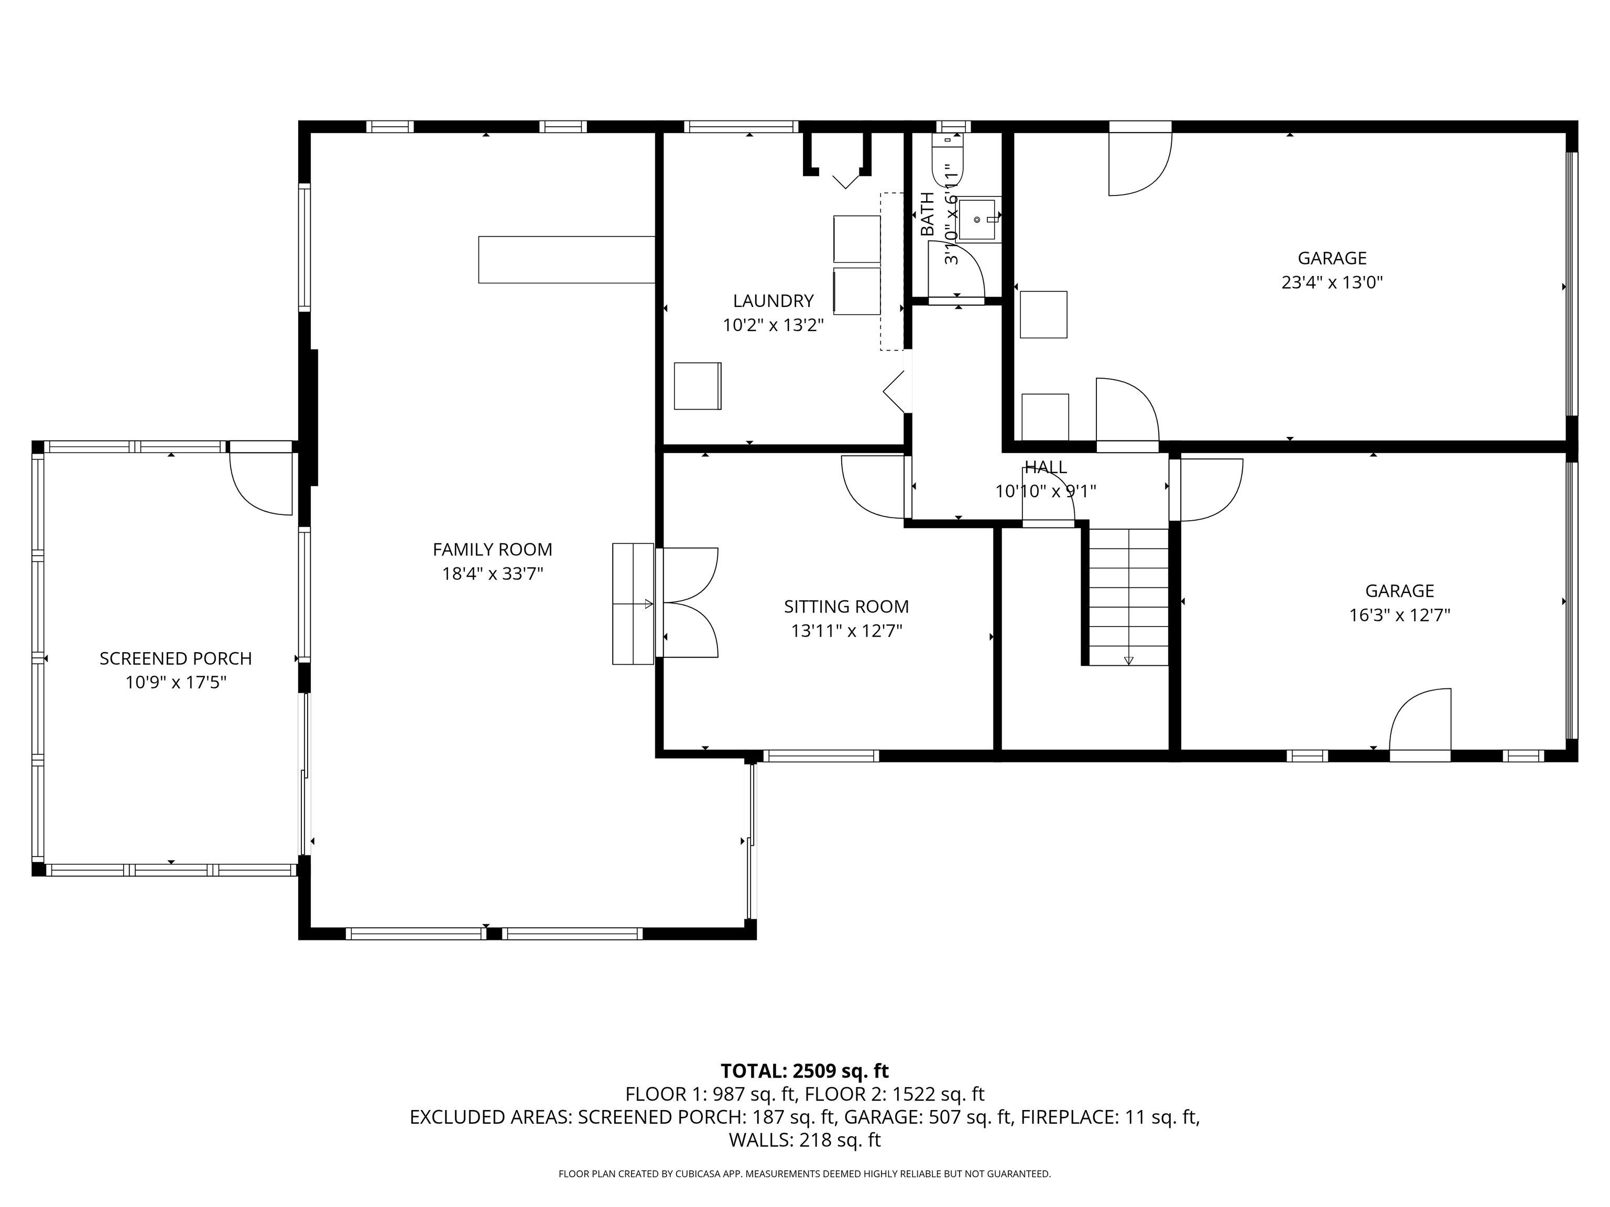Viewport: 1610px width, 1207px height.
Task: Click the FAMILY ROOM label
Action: pyautogui.click(x=492, y=550)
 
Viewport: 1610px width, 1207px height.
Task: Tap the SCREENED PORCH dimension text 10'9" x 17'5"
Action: pyautogui.click(x=176, y=683)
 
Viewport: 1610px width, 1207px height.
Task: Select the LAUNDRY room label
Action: pyautogui.click(x=773, y=301)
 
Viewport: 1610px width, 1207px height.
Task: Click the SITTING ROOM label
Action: pyautogui.click(x=846, y=606)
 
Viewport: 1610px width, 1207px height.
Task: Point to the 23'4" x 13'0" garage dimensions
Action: pyautogui.click(x=1331, y=282)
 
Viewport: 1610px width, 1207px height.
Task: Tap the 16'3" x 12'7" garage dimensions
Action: pyautogui.click(x=1399, y=615)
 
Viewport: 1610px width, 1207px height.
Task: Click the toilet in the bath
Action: pyautogui.click(x=949, y=163)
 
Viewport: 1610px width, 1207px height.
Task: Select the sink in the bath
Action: pyautogui.click(x=977, y=219)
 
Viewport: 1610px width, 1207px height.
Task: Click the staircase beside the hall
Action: pyautogui.click(x=1128, y=597)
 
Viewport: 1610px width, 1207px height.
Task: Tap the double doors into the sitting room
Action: pyautogui.click(x=688, y=602)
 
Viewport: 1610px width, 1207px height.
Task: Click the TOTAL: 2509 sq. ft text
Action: pyautogui.click(x=804, y=1071)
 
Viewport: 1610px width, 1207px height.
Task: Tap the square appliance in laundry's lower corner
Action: pyautogui.click(x=697, y=386)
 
